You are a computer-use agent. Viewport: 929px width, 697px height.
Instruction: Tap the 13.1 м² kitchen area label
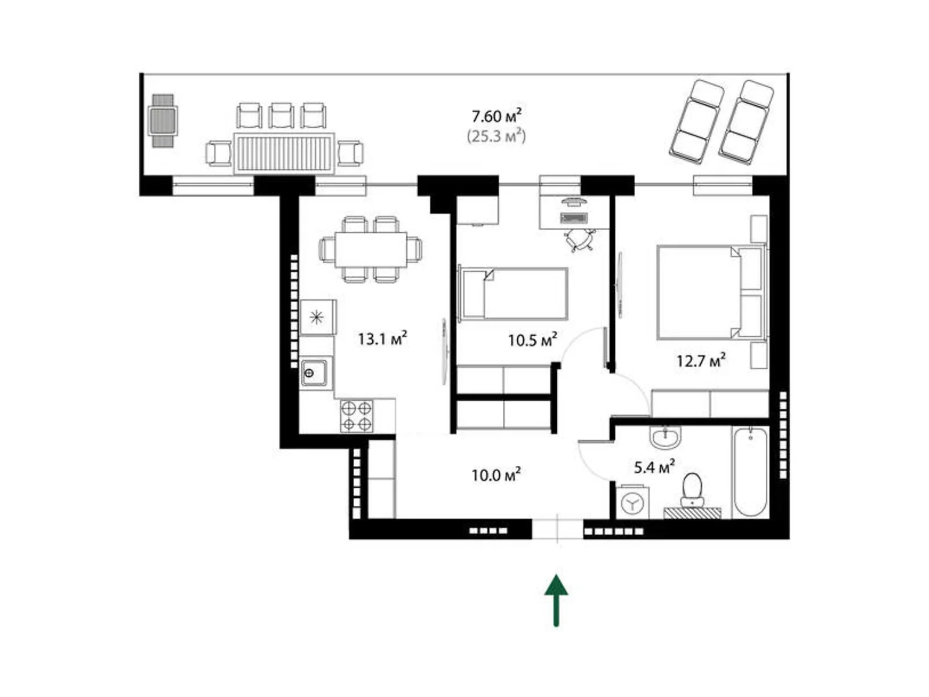click(x=381, y=339)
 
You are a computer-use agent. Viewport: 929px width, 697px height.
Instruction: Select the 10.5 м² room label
click(x=532, y=340)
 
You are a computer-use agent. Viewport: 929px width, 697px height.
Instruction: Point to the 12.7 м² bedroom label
click(x=700, y=361)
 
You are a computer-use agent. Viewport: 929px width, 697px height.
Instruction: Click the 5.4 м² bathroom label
click(x=654, y=466)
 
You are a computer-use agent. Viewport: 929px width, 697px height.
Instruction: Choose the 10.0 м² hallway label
click(x=495, y=475)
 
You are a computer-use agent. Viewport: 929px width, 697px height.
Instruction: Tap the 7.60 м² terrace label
click(x=496, y=116)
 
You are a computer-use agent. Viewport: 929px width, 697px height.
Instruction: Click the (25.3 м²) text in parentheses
click(x=496, y=137)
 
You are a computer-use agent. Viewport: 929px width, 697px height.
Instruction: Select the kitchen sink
click(x=314, y=372)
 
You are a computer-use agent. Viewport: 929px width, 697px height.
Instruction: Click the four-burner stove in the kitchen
click(x=357, y=416)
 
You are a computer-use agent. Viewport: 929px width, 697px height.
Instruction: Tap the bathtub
click(x=750, y=472)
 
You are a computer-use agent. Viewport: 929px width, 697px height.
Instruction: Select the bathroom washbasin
click(x=665, y=437)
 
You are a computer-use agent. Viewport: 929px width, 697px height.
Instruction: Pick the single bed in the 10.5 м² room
click(x=513, y=294)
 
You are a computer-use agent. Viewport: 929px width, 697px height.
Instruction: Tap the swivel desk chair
click(x=579, y=239)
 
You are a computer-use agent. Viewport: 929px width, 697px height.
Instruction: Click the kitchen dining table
click(x=370, y=249)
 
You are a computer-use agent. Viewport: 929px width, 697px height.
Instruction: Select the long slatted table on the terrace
click(x=285, y=153)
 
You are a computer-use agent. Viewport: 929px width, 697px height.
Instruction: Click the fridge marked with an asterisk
click(x=317, y=317)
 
